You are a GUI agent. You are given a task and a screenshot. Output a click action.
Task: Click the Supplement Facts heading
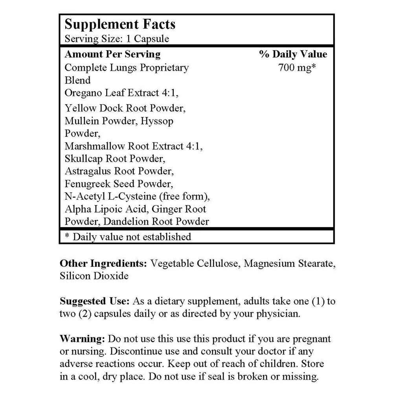120,24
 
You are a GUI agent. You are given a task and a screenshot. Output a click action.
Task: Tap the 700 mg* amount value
297,68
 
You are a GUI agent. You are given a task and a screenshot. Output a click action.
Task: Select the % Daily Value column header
293,54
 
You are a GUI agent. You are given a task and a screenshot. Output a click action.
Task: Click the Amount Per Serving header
112,54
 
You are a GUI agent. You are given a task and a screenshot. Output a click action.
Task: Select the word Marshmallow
95,146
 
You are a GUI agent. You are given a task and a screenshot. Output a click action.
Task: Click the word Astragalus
87,171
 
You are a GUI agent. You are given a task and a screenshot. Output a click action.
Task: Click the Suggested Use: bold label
94,301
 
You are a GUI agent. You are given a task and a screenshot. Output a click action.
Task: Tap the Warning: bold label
82,339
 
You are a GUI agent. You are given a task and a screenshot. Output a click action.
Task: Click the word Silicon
76,276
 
